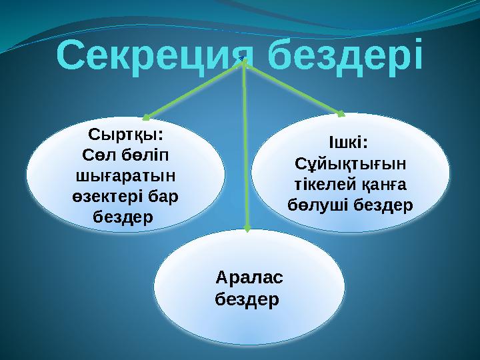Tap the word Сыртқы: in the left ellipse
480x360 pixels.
(127, 137)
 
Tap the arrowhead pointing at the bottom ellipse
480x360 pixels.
(247, 229)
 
